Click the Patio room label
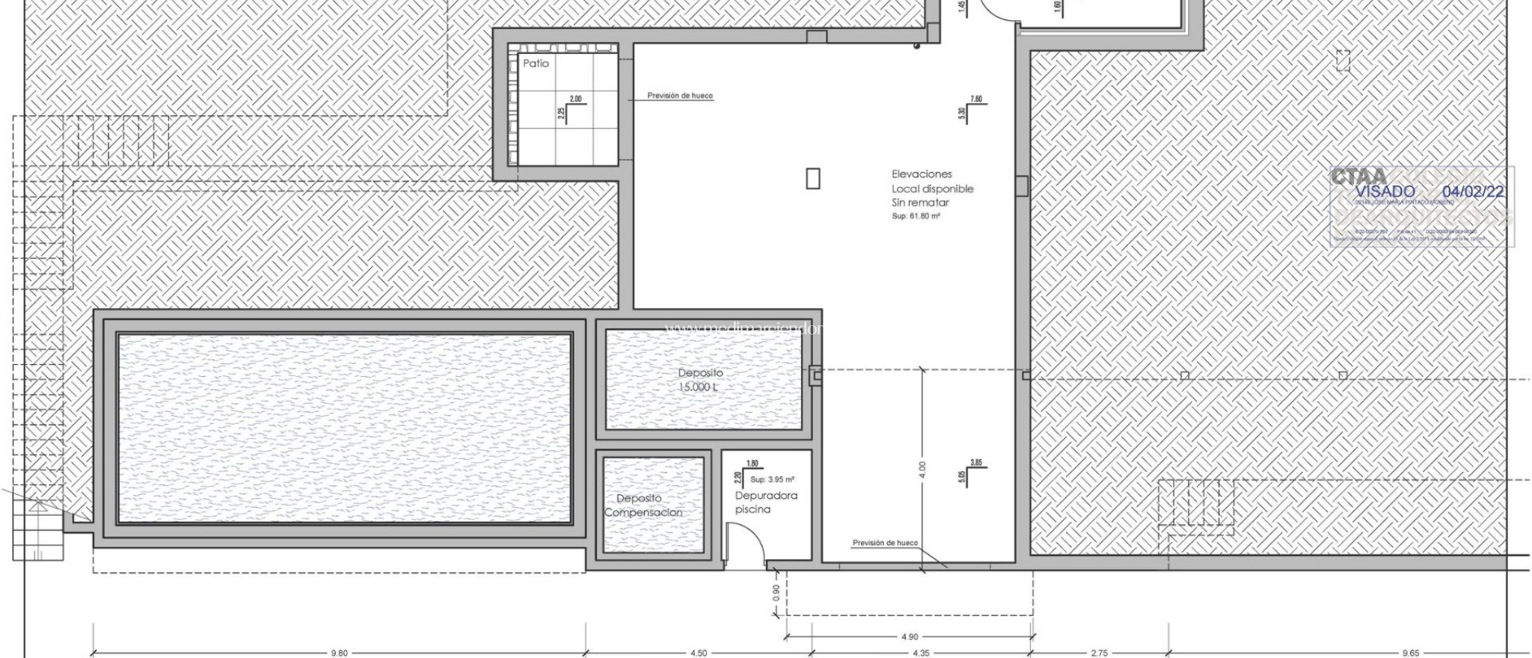pos(536,64)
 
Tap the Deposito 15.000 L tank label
pos(700,380)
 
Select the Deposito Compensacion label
pos(643,505)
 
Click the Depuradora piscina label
pos(765,502)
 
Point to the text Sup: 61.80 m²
pos(916,216)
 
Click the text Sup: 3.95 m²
pos(772,480)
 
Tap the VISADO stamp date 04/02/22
pos(1472,191)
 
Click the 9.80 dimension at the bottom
pos(339,653)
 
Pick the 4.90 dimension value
pos(909,637)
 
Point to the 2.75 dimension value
pos(1099,653)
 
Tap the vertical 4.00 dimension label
pos(922,470)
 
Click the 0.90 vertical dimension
pos(776,592)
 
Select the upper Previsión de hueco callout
pos(679,96)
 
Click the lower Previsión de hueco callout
pos(885,543)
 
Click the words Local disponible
pos(932,189)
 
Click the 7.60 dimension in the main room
pos(975,99)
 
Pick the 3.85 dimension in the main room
pos(975,463)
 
